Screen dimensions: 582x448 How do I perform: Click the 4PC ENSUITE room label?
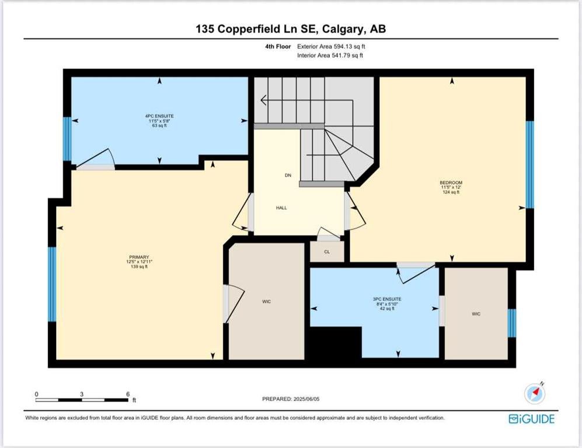point(159,116)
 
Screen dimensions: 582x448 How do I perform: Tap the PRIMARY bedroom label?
point(139,257)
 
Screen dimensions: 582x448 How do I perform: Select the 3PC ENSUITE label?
point(387,299)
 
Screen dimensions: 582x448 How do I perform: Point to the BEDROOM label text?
point(451,183)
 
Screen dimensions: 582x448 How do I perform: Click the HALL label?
point(281,208)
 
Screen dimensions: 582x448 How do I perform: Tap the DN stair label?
point(288,176)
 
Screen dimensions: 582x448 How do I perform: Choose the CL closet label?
point(327,252)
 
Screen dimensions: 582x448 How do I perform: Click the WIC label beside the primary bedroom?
point(267,302)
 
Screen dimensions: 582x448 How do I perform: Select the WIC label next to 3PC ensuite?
point(476,314)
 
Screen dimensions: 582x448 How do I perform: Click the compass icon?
point(535,393)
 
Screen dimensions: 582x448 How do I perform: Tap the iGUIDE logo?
point(532,419)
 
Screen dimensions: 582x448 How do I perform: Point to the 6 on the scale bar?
point(128,394)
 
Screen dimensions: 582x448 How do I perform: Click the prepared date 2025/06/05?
point(306,399)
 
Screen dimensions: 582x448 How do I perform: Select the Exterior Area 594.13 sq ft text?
point(331,47)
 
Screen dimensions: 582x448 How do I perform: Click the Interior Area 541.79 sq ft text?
point(330,55)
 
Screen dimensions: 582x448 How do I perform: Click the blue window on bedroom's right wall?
point(530,164)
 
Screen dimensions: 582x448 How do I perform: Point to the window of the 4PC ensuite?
point(67,139)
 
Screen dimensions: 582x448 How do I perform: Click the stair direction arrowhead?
point(263,100)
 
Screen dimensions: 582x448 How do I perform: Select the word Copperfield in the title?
point(257,29)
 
